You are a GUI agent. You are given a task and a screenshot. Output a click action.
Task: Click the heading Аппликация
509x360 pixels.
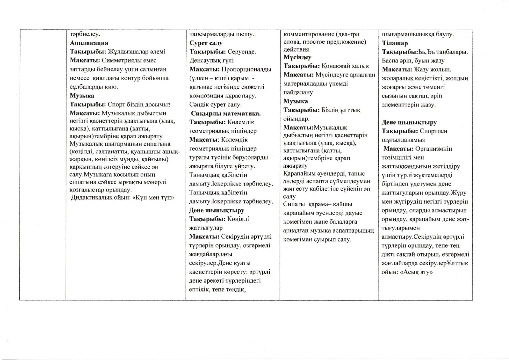pyautogui.click(x=89, y=43)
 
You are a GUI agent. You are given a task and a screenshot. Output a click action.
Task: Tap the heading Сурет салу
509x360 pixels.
pyautogui.click(x=206, y=43)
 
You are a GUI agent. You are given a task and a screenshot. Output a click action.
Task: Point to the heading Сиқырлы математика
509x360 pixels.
pyautogui.click(x=226, y=113)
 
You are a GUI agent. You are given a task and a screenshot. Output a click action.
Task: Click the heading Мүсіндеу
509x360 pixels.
pyautogui.click(x=298, y=57)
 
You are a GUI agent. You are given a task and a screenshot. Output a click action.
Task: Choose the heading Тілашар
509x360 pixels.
pyautogui.click(x=395, y=43)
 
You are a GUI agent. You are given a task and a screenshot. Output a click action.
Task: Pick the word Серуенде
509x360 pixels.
pyautogui.click(x=242, y=52)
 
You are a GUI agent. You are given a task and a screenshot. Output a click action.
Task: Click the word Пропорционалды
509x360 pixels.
pyautogui.click(x=246, y=69)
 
